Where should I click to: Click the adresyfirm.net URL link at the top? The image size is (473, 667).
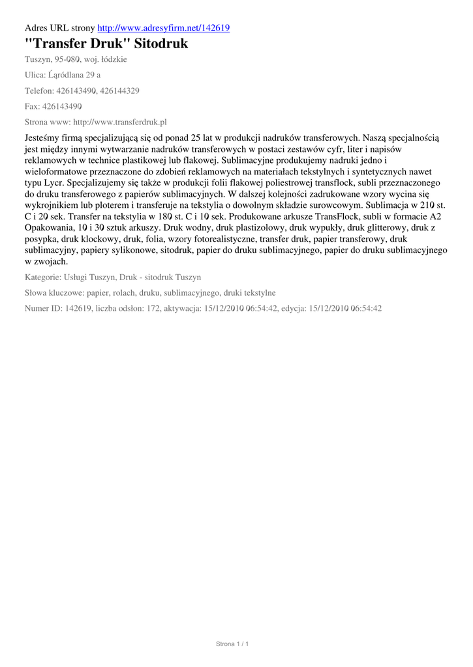click(x=163, y=28)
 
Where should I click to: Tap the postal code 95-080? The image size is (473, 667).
click(x=67, y=59)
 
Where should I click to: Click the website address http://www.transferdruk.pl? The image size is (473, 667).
click(x=121, y=122)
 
